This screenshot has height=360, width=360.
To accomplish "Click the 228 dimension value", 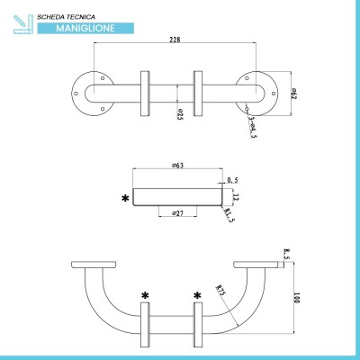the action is coord(175,40).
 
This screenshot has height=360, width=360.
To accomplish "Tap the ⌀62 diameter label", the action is coord(294,94).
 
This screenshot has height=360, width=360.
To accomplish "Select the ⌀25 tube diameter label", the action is coord(180,114).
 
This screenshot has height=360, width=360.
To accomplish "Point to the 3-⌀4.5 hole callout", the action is coord(253,128).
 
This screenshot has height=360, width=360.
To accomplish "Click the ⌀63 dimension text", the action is coord(178,165).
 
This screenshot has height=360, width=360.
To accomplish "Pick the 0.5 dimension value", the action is coord(232,180).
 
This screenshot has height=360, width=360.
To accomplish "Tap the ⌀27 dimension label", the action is coord(178,213).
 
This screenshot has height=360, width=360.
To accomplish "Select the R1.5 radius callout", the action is coord(229,215).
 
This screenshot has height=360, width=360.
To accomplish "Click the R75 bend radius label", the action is coord(220,290).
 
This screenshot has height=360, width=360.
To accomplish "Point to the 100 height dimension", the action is coord(297,298).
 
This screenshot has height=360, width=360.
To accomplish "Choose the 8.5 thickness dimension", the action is coord(286,254).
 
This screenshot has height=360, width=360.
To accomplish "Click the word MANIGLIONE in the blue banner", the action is coord(85,28).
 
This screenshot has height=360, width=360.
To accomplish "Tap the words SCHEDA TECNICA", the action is coord(67,17).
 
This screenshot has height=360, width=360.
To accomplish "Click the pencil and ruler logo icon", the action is coord(23,24).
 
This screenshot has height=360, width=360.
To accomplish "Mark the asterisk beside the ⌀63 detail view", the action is coord(125,198).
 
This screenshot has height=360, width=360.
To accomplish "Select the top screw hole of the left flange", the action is coord(103,78).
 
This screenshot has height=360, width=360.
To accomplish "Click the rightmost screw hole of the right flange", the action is coord(274,94).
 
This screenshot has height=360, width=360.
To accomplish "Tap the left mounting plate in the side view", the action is coord(94,265).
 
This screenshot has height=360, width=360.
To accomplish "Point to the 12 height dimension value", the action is coord(236,197).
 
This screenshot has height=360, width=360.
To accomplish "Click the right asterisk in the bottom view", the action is coord(197,296).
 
